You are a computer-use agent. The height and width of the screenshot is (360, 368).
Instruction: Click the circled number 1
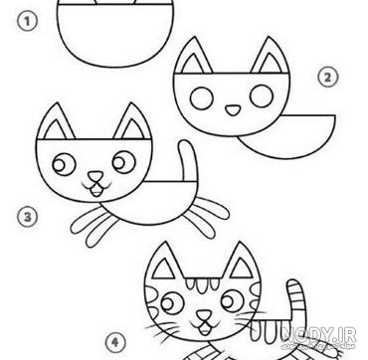28,22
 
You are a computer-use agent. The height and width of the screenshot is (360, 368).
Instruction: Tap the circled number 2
328,78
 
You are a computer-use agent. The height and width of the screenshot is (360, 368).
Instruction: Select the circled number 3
28,218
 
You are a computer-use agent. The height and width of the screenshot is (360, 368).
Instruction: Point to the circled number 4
115,342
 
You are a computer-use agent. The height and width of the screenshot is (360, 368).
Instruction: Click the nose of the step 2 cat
233,110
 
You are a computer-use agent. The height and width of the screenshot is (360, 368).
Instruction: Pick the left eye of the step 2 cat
202,98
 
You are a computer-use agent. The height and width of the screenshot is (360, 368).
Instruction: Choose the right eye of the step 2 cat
262,96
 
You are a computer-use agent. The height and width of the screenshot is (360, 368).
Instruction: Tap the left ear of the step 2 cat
193,57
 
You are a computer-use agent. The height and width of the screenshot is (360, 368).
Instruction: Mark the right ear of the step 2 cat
271,57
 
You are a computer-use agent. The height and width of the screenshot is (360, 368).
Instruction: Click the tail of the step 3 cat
188,161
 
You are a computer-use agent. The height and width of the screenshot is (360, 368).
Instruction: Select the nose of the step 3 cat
95,176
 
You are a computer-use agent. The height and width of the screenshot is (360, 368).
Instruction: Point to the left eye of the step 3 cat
64,164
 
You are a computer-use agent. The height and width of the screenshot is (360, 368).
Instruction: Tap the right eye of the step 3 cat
124,162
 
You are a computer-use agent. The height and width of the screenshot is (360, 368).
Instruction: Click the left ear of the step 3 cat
56,122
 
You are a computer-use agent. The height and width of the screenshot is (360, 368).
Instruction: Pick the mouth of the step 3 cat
96,189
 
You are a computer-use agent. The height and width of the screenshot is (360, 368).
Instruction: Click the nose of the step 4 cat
204,314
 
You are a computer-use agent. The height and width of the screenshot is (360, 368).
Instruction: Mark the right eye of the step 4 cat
233,300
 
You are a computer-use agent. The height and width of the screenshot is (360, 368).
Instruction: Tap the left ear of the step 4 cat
164,262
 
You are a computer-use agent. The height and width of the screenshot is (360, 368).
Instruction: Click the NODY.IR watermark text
319,335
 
